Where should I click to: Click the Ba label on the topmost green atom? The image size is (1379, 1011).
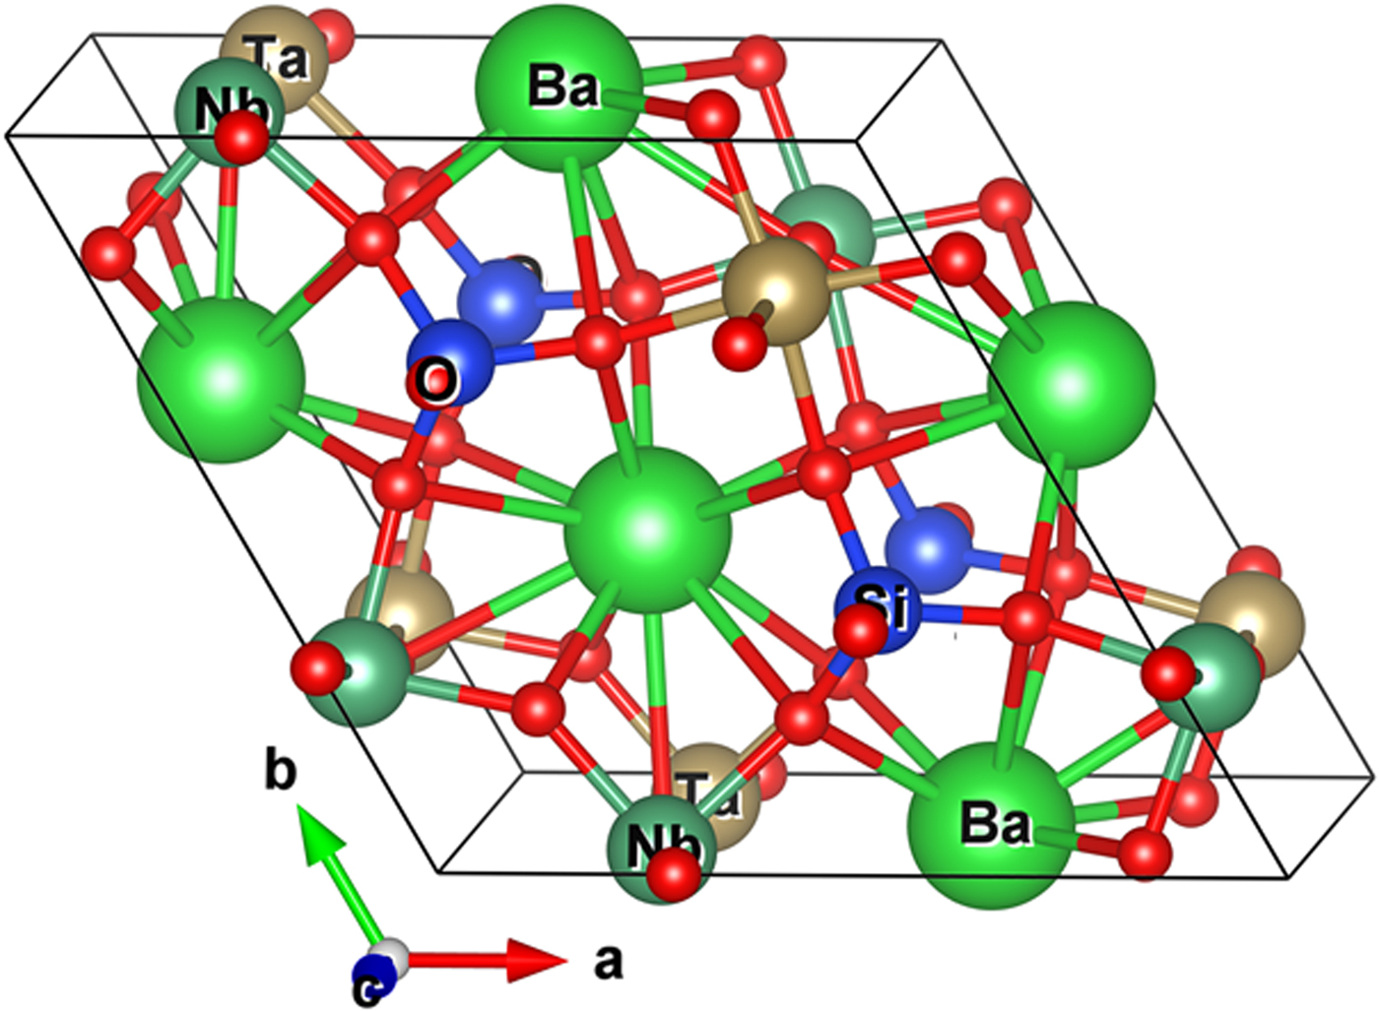(562, 87)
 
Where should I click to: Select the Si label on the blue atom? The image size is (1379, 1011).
(883, 605)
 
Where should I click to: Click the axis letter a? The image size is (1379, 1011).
(609, 960)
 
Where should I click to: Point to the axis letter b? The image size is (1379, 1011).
(280, 772)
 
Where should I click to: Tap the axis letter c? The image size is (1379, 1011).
(366, 989)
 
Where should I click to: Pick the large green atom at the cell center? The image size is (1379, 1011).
(647, 530)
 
